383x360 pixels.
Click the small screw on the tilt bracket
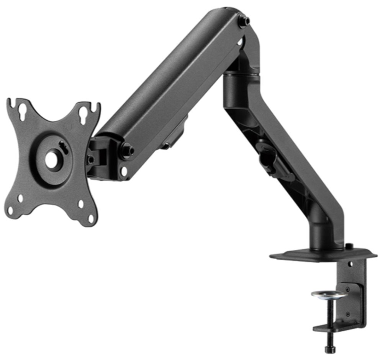[x=91, y=158]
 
